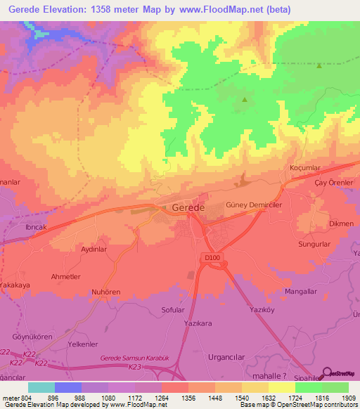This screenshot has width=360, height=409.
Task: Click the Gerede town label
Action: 188,208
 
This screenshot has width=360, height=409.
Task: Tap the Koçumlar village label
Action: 306,168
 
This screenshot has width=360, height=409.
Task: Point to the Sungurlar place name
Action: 314,244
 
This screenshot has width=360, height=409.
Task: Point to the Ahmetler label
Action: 66,277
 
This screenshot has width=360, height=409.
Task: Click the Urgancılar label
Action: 231,356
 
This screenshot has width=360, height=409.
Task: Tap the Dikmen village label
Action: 341,223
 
